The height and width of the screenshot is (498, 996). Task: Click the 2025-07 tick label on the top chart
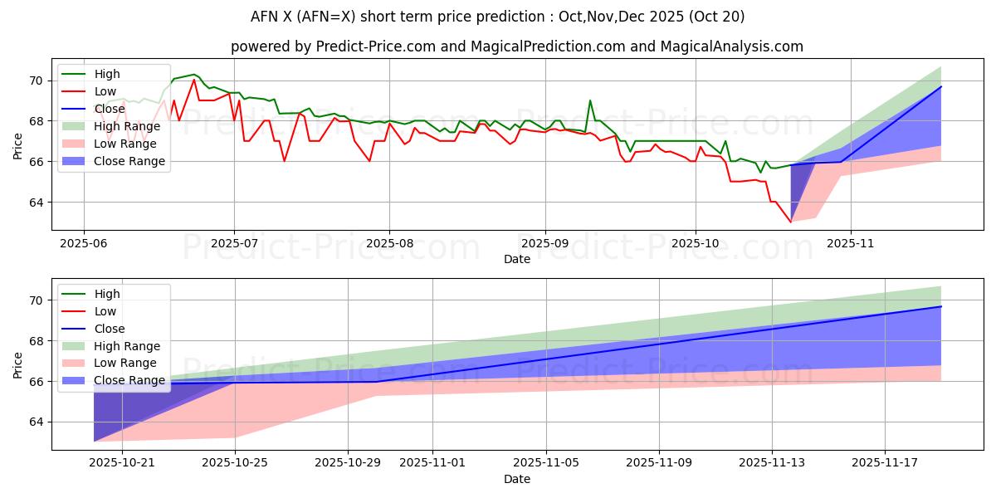(x=233, y=243)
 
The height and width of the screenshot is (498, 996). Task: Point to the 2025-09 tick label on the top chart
(x=544, y=243)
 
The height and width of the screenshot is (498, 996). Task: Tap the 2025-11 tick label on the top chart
(x=850, y=243)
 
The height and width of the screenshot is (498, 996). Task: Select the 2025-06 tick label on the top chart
(x=83, y=243)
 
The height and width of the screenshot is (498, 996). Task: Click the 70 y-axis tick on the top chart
(x=34, y=81)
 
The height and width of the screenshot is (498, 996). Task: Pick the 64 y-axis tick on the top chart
(x=34, y=203)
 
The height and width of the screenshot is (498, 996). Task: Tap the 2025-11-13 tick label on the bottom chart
(x=772, y=463)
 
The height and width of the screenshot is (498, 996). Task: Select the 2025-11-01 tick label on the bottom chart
(x=432, y=463)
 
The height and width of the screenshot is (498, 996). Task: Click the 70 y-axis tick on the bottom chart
(x=34, y=300)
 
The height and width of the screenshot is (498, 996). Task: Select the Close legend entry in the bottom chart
(x=110, y=329)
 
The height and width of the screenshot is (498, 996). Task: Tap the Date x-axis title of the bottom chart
(x=517, y=479)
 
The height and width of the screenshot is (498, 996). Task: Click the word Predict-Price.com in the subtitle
(x=376, y=46)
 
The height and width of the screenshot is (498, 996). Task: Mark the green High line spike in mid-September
(x=590, y=100)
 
